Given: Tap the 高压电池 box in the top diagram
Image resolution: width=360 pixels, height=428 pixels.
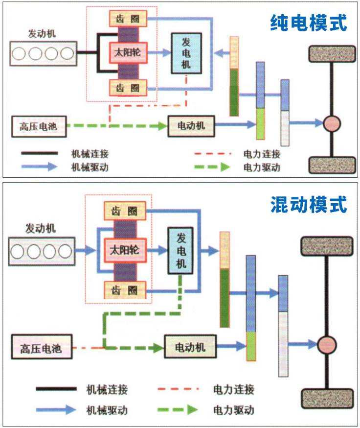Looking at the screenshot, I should (x=39, y=127).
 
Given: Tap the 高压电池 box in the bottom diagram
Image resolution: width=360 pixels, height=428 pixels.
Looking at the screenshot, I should (x=41, y=348).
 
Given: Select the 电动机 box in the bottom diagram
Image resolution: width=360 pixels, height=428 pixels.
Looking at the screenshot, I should (x=190, y=347).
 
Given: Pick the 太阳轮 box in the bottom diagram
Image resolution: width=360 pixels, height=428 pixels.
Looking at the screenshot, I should (x=125, y=250).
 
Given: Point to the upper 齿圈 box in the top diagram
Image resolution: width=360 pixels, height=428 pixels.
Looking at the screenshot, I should (x=128, y=18).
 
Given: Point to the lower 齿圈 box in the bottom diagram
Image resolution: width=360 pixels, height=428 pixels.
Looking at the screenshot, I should (x=125, y=290).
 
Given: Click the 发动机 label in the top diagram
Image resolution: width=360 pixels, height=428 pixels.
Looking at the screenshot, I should (x=42, y=34).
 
